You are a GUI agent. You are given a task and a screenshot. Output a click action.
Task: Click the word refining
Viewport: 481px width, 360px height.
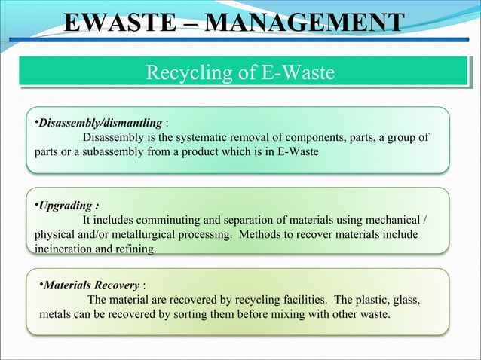click(x=136, y=248)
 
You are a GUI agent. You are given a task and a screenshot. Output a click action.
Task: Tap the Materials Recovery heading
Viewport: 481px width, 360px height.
click(x=90, y=286)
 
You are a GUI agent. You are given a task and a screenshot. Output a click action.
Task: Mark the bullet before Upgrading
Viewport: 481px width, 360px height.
click(x=36, y=203)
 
